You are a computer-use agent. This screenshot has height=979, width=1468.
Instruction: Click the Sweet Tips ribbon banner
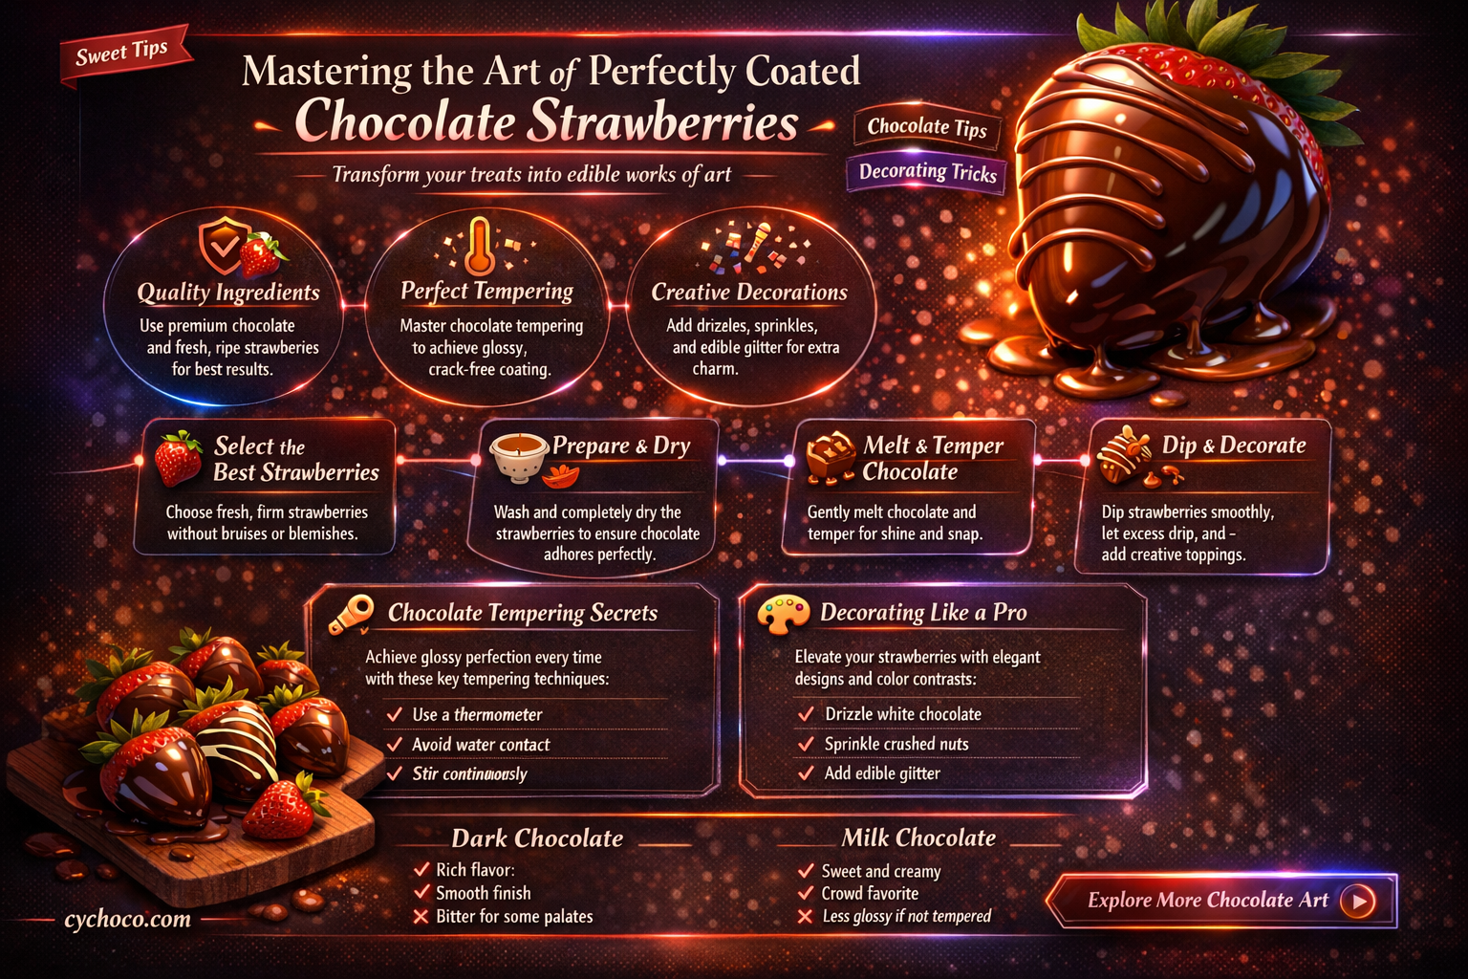(124, 54)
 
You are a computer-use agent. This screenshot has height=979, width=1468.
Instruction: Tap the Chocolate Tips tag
(927, 127)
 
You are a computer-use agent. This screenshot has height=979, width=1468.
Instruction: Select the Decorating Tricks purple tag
(927, 172)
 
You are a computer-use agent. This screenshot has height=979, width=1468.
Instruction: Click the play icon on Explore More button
(1357, 901)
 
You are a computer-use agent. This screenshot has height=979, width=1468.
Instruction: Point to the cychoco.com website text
(128, 919)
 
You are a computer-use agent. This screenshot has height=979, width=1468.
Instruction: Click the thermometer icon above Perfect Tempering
(480, 247)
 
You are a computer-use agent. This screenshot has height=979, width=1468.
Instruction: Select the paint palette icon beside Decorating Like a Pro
(783, 614)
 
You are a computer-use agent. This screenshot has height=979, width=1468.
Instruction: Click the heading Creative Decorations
(749, 292)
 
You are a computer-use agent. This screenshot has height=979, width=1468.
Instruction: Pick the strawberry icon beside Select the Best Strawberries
(179, 458)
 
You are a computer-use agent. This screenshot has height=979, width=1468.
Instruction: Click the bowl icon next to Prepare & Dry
(518, 457)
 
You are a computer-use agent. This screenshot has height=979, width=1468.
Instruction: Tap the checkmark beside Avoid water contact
(395, 744)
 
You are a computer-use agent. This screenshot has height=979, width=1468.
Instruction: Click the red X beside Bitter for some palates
(421, 916)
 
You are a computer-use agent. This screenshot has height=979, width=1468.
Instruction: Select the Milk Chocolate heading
(918, 838)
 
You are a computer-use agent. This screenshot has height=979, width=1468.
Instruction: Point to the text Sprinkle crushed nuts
(896, 744)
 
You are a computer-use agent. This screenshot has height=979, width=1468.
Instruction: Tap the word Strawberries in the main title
(663, 121)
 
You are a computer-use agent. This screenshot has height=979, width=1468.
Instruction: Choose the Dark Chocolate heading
(537, 838)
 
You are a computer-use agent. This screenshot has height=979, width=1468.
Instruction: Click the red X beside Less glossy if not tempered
(806, 916)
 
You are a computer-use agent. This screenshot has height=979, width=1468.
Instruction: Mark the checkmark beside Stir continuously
(395, 773)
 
